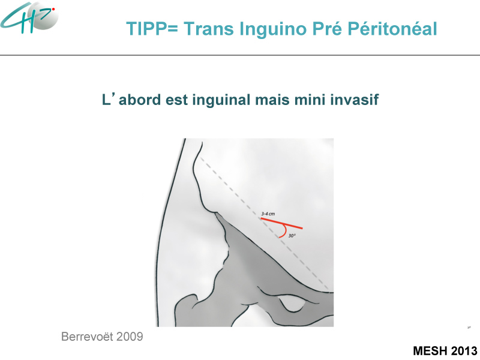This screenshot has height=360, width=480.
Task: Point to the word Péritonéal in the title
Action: point(392,29)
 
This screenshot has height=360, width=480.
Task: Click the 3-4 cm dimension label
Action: point(268,214)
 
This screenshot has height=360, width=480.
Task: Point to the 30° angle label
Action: point(292,236)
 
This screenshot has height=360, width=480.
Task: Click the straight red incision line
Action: point(281,223)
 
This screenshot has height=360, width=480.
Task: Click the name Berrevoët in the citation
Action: point(87,337)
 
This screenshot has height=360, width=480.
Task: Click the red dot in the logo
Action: point(53,10)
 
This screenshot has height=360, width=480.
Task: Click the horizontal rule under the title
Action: point(240,55)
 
